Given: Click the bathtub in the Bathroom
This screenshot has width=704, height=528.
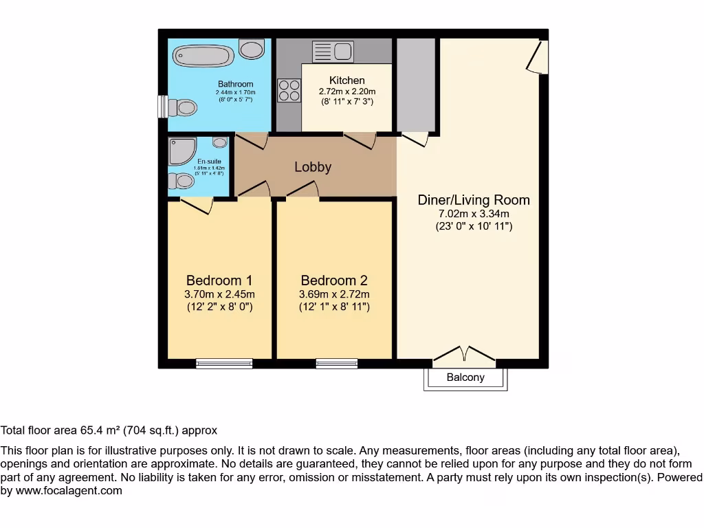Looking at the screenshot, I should point(202,56).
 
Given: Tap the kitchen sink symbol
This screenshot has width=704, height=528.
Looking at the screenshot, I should point(333,51).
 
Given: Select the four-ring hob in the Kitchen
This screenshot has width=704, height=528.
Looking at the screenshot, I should point(289,90).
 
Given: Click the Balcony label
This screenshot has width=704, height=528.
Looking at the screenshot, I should point(465,377).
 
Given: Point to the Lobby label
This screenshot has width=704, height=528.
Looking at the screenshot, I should point(313,167).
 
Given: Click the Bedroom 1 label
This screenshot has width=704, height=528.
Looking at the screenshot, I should point(219,280).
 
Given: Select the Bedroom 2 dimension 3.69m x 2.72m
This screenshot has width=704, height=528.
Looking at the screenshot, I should point(334,294).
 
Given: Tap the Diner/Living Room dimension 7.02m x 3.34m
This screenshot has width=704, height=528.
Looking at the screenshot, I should point(474,213).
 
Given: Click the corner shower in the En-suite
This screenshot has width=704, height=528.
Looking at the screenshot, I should point(182,151).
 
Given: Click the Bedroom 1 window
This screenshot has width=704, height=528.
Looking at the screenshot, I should point(224,363).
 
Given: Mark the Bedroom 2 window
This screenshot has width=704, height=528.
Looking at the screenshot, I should point(337,363).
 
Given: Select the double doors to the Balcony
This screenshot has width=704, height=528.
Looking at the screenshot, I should point(465,355).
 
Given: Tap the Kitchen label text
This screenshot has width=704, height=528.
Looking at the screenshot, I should point(347,80).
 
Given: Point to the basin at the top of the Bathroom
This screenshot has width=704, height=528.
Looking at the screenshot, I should point(252,49).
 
